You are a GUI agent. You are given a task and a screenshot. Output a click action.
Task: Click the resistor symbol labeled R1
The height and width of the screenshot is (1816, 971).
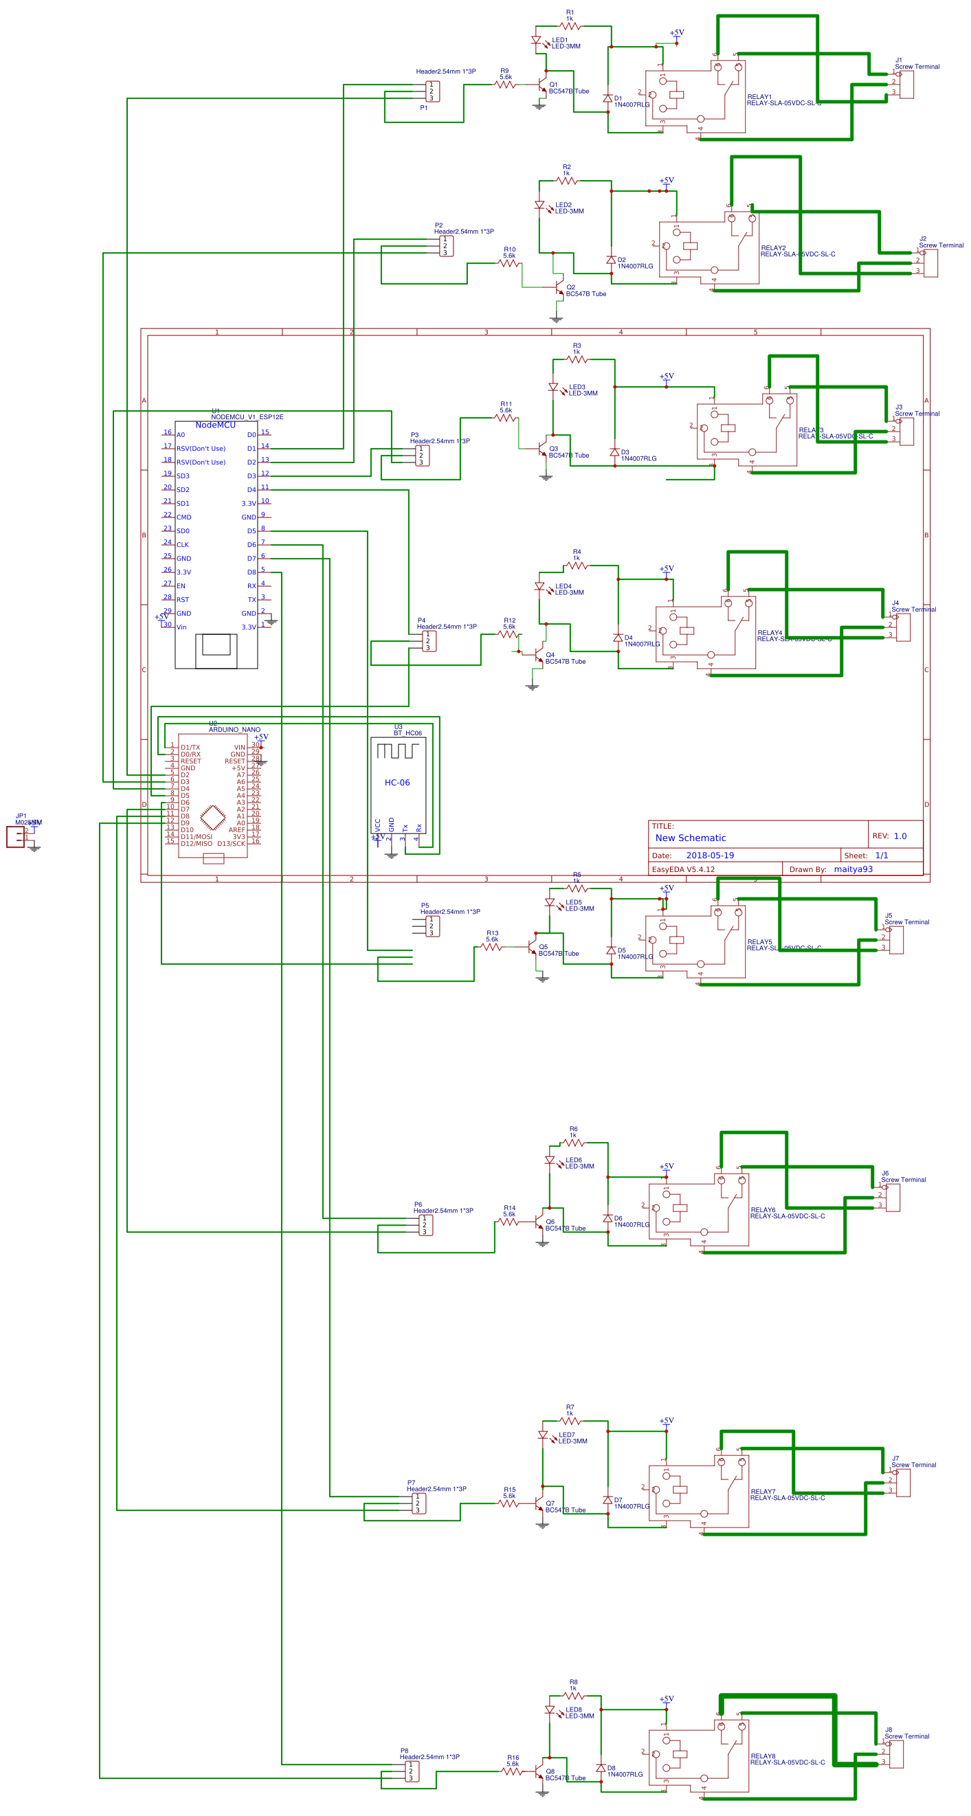click(x=569, y=26)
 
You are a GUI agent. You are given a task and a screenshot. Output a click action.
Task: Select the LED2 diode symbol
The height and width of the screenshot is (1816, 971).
click(x=539, y=206)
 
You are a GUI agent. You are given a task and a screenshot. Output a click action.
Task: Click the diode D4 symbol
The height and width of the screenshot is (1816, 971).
click(x=618, y=638)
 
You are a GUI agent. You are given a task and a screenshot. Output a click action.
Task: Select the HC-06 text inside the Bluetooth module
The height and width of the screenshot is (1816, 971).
click(x=397, y=783)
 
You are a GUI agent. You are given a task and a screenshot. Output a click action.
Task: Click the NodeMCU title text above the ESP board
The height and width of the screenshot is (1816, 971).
click(x=215, y=425)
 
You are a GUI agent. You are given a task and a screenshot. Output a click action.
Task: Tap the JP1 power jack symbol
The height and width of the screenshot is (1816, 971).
click(x=16, y=837)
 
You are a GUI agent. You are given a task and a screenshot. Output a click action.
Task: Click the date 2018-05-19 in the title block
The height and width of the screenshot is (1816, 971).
click(x=709, y=855)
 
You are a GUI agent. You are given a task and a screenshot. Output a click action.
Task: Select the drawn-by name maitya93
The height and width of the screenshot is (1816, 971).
click(x=853, y=869)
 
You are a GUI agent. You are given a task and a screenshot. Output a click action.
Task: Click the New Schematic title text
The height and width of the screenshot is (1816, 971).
click(x=690, y=838)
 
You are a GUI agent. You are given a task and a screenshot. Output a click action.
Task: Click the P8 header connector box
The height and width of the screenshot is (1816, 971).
click(x=411, y=1771)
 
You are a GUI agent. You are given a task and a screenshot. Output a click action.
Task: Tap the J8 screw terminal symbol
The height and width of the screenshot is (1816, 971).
click(x=895, y=1753)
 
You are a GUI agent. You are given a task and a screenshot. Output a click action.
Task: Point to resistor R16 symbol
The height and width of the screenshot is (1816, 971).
click(x=512, y=1771)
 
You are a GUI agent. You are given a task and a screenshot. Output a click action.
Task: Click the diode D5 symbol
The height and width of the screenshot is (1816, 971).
click(x=611, y=950)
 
